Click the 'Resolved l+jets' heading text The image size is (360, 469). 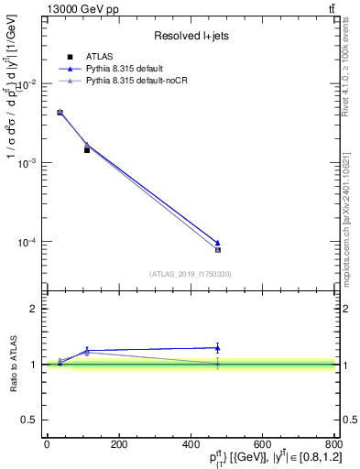190,36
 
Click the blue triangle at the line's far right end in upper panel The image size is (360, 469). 217,243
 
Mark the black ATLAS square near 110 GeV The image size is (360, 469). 87,149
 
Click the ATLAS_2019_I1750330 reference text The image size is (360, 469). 189,273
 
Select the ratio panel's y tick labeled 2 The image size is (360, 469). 34,309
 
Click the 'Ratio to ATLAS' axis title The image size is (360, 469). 13,365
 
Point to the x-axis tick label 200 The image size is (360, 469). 117,444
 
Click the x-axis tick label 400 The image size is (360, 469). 190,444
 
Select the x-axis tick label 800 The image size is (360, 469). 333,444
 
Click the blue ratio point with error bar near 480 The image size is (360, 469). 217,347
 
